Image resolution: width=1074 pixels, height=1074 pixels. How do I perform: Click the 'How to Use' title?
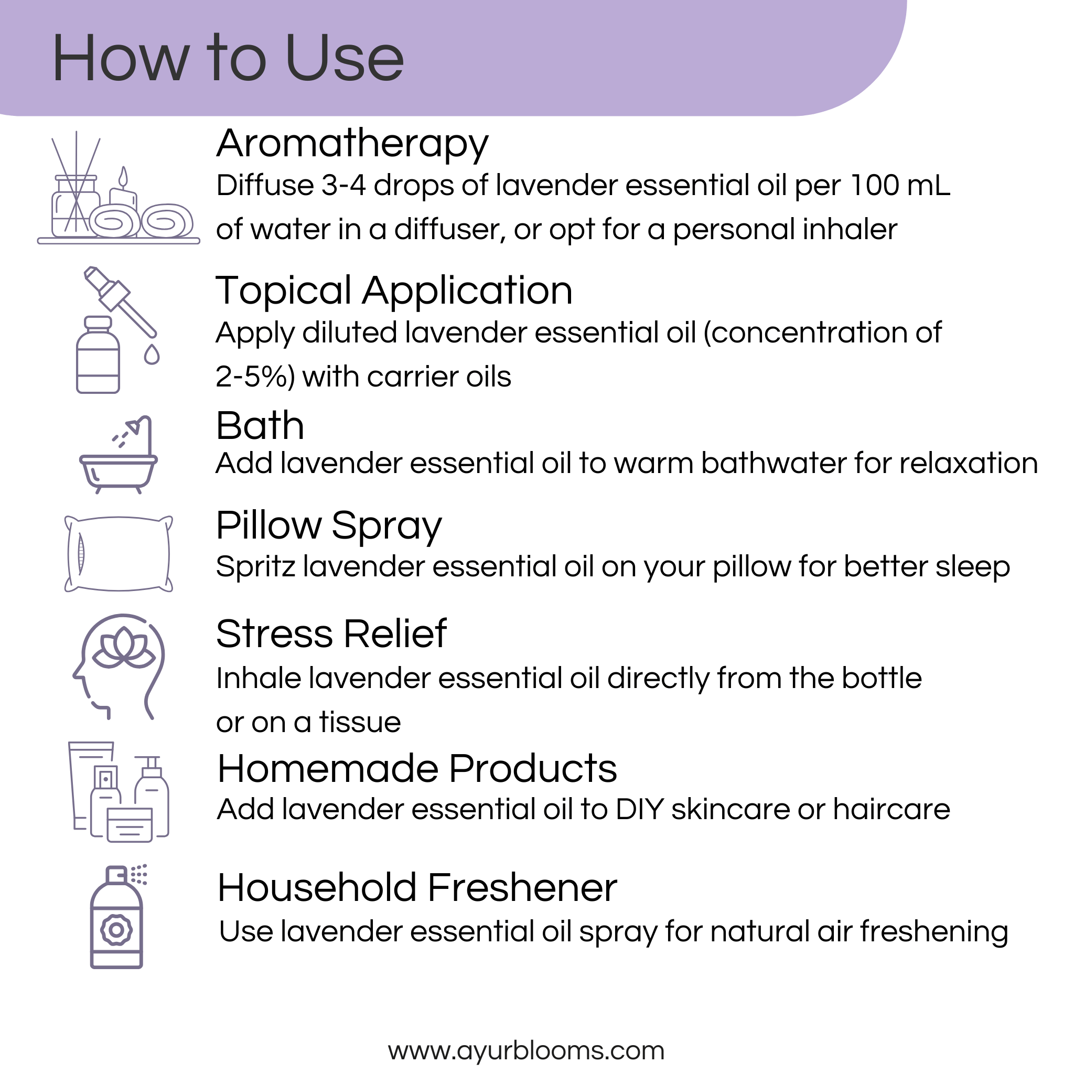tap(228, 58)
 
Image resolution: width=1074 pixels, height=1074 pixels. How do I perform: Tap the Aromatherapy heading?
tap(352, 143)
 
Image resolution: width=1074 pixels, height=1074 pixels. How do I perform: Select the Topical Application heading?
tap(394, 290)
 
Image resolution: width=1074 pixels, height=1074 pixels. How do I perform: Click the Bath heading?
tap(260, 426)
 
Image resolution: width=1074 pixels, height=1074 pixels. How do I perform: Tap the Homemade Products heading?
tap(417, 769)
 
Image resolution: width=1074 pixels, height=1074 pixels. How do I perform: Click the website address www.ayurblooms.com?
tap(526, 1050)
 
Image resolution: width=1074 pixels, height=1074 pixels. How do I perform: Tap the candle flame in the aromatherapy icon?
tap(123, 177)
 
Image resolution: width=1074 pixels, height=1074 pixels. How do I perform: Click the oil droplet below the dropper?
tap(152, 354)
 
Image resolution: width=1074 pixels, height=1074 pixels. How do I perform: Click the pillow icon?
tap(119, 554)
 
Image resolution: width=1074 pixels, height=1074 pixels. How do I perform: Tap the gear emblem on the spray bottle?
tap(116, 930)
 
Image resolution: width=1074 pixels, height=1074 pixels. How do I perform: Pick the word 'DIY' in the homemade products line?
tap(639, 809)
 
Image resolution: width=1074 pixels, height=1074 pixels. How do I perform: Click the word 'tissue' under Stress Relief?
tap(360, 722)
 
